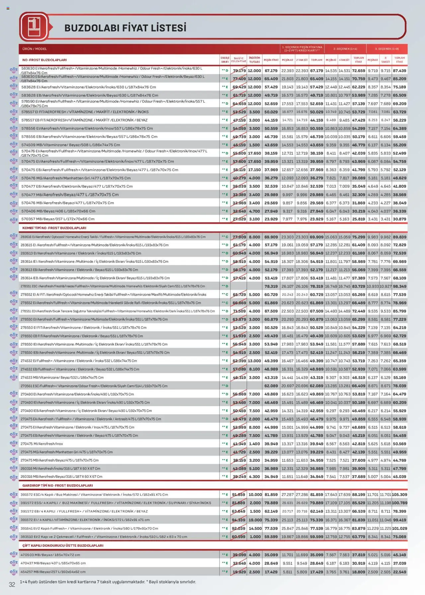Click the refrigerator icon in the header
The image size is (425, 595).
(x=34, y=27)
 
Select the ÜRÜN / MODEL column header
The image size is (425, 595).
(x=35, y=49)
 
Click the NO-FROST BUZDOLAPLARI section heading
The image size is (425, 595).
(x=44, y=60)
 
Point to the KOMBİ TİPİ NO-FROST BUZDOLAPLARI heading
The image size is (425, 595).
(x=54, y=228)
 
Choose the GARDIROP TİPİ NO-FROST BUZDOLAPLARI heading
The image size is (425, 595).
(x=57, y=485)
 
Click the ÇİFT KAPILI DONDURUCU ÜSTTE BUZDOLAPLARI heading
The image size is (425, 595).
(x=63, y=545)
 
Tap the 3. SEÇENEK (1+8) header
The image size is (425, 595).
(x=387, y=49)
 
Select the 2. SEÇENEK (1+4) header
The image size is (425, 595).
(x=345, y=49)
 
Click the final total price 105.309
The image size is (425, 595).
(x=399, y=495)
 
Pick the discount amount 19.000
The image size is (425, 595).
(x=255, y=520)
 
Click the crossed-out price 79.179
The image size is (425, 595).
(x=239, y=71)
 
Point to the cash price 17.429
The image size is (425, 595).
(x=271, y=572)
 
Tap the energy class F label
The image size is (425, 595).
(x=225, y=572)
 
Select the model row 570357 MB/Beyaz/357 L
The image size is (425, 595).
(x=58, y=219)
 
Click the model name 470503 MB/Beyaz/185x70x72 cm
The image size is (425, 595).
(x=50, y=555)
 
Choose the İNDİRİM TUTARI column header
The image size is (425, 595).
(x=254, y=60)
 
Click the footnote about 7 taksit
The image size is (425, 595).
(x=108, y=582)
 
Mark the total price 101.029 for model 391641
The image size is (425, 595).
(x=399, y=528)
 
